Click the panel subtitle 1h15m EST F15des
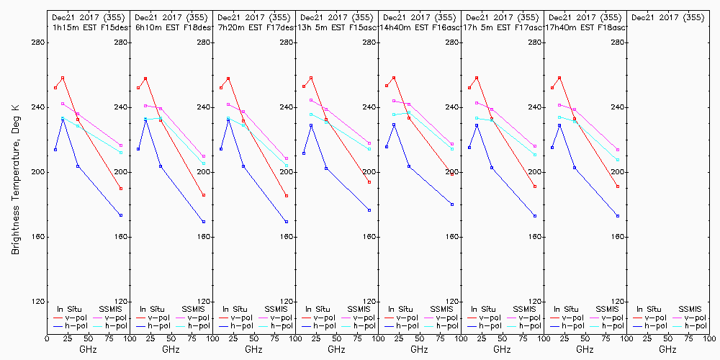click(x=88, y=27)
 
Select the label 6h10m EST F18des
click(x=171, y=27)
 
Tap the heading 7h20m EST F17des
click(x=253, y=27)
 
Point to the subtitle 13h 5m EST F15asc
click(x=336, y=27)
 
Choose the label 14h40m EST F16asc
click(x=419, y=27)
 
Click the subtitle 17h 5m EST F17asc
click(x=502, y=27)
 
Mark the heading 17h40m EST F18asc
click(x=585, y=27)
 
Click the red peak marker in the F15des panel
click(x=63, y=78)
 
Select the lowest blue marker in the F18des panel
click(x=204, y=222)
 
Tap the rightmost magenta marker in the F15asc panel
click(x=369, y=143)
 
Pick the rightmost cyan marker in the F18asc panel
click(x=618, y=160)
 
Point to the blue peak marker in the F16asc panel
click(x=394, y=125)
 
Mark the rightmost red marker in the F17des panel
click(x=287, y=196)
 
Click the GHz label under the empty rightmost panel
click(x=667, y=349)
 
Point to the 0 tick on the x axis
click(x=47, y=338)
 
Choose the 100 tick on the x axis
click(x=709, y=338)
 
